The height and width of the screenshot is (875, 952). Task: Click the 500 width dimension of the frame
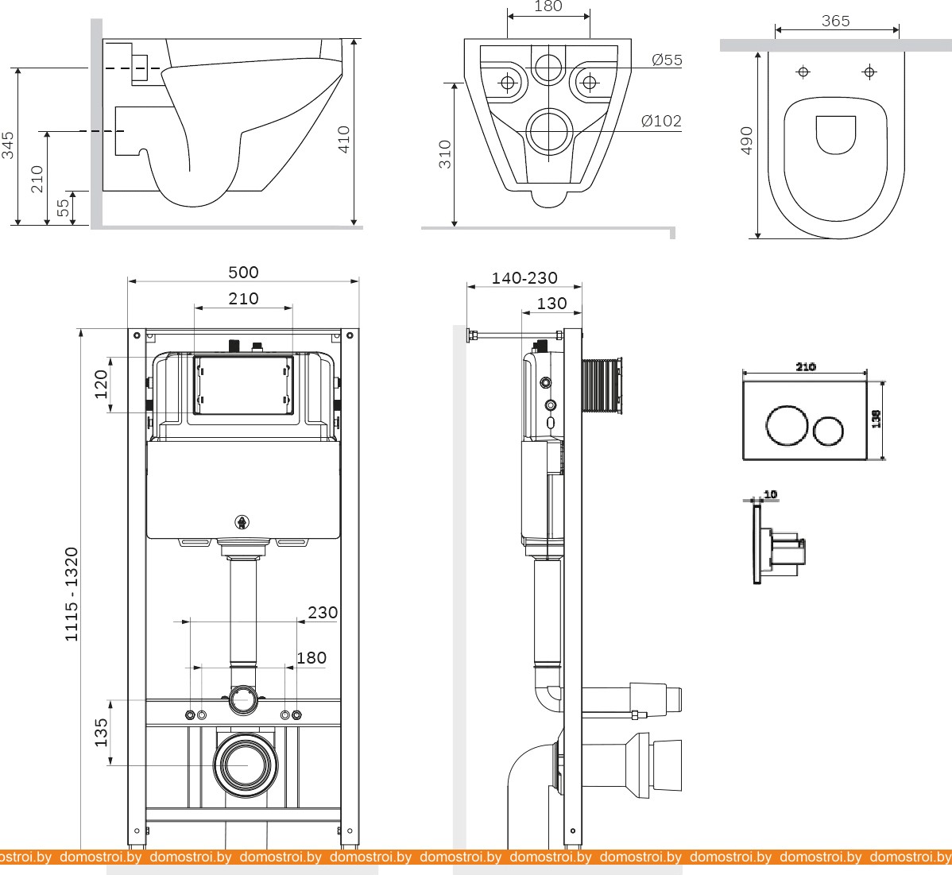pos(243,272)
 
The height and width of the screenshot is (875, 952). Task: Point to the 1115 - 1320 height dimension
pos(72,594)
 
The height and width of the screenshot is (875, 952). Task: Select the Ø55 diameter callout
pos(667,60)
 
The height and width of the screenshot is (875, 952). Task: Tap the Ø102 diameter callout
pos(661,121)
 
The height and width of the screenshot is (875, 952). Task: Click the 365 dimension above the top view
pos(835,21)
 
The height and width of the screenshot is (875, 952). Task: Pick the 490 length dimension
pos(747,141)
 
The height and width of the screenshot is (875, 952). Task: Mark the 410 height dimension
pos(344,140)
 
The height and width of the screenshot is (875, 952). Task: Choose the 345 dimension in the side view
pos(8,145)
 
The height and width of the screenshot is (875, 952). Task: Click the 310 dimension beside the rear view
pos(445,153)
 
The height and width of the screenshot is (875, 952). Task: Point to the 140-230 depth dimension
pos(524,278)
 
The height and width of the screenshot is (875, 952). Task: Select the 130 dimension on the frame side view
pos(551,303)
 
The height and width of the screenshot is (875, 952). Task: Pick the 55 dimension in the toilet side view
pos(63,208)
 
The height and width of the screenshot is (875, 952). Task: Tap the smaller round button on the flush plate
pos(828,430)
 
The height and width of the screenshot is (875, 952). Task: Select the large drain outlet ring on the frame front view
pos(246,764)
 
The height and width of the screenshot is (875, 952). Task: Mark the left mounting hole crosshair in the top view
pos(803,72)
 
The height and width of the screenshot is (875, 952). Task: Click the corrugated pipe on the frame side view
pos(602,386)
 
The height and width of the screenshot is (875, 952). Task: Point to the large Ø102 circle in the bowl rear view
pos(548,131)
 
